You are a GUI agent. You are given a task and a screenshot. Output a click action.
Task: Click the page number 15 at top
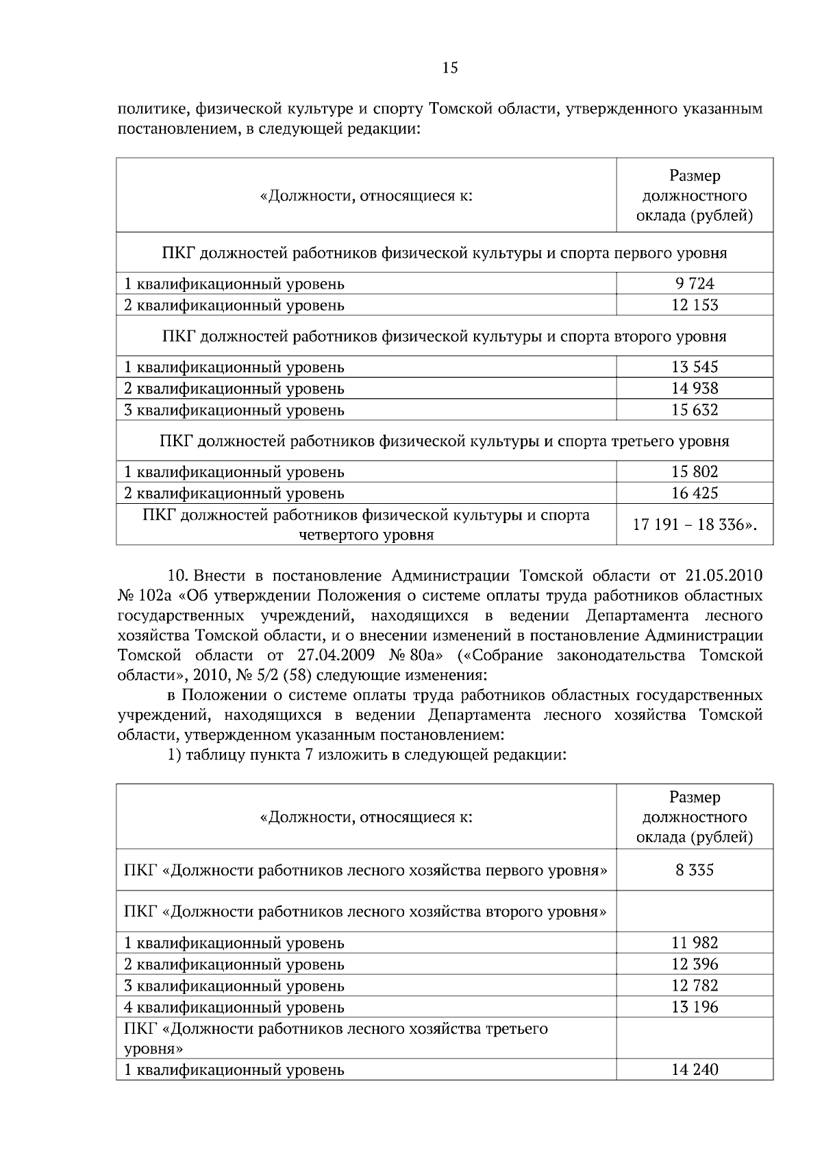click(x=449, y=68)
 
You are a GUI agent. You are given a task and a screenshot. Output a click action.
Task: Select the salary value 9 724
click(x=695, y=283)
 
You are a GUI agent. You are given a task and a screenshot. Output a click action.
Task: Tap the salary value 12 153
click(x=695, y=305)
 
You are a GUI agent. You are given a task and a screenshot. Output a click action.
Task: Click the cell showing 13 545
click(x=695, y=367)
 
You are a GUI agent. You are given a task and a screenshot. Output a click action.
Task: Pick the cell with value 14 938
click(x=695, y=389)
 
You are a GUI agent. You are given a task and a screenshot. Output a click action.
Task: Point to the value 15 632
click(x=695, y=410)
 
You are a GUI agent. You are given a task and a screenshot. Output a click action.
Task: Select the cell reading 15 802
click(x=695, y=472)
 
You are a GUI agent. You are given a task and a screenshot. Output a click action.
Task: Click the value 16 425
click(x=695, y=493)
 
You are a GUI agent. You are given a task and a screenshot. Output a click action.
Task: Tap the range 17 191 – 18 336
click(x=695, y=524)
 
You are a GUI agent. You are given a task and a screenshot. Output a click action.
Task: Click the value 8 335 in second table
click(x=695, y=870)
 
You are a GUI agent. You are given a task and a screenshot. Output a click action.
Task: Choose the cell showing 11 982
click(x=695, y=943)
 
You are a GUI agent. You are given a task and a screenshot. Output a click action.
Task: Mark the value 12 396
click(x=695, y=964)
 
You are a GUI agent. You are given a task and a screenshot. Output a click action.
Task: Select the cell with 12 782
click(x=695, y=985)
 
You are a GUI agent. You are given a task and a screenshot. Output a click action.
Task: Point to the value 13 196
click(x=695, y=1007)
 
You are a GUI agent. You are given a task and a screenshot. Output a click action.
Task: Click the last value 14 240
click(x=695, y=1069)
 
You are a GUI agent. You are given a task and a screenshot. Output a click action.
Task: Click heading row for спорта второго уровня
click(x=444, y=336)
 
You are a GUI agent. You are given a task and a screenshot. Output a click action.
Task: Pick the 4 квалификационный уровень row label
click(x=234, y=1007)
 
